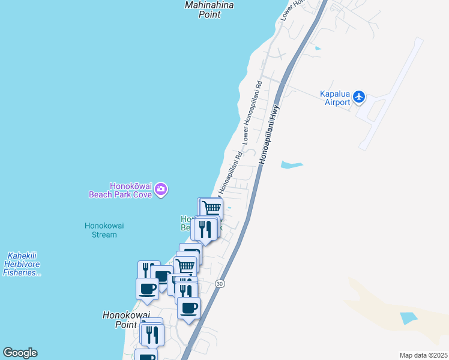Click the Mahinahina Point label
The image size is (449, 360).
point(208,10)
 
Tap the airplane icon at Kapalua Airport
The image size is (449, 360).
point(359,96)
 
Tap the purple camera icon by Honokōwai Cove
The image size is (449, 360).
point(160,190)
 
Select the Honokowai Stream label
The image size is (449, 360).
point(100,230)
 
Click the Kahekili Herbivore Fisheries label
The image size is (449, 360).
point(22,264)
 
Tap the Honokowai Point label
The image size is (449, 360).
point(121,319)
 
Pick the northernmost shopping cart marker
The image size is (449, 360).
point(211,208)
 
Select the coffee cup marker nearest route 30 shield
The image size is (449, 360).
point(189,308)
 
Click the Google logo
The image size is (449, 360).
point(20,353)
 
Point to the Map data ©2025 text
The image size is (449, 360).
point(423,355)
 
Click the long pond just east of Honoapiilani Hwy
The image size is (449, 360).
point(291,164)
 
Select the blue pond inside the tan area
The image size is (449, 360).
point(408,318)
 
